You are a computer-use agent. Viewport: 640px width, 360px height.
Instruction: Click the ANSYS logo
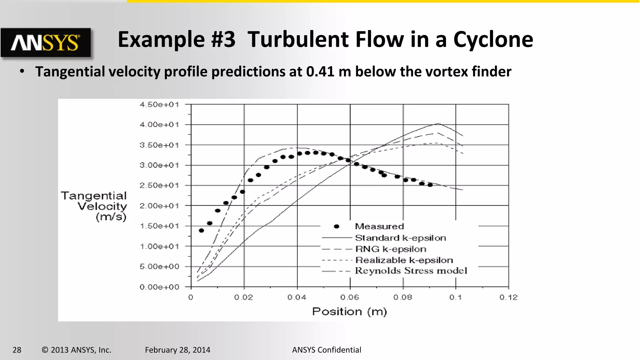[x=46, y=42]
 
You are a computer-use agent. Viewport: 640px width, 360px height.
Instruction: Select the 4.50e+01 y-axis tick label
[x=159, y=105]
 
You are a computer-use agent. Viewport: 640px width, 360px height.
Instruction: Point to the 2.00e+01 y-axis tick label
[x=159, y=206]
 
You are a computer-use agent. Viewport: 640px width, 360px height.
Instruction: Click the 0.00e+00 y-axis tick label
[x=159, y=287]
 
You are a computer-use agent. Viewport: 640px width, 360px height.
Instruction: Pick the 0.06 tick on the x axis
[x=350, y=297]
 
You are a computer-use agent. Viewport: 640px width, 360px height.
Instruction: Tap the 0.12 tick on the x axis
[x=508, y=297]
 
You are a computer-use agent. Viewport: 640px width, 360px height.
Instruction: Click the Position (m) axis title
[x=349, y=312]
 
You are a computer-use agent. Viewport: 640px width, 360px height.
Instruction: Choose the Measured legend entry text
[x=379, y=226]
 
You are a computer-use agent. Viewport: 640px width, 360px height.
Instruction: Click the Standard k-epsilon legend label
[x=400, y=238]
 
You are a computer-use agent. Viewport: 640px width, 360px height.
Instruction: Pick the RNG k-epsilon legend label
[x=391, y=249]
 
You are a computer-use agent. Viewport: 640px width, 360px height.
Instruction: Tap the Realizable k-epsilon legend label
[x=404, y=260]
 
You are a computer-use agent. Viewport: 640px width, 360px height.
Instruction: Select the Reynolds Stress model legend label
[x=411, y=271]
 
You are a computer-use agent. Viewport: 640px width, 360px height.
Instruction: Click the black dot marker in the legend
[x=337, y=227]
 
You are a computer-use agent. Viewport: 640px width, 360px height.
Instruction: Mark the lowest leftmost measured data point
[x=201, y=231]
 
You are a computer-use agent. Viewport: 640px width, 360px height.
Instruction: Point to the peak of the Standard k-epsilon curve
[x=438, y=123]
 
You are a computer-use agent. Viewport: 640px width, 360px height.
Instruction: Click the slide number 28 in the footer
[x=17, y=350]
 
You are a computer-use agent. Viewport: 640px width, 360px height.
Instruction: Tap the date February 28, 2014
[x=177, y=350]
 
